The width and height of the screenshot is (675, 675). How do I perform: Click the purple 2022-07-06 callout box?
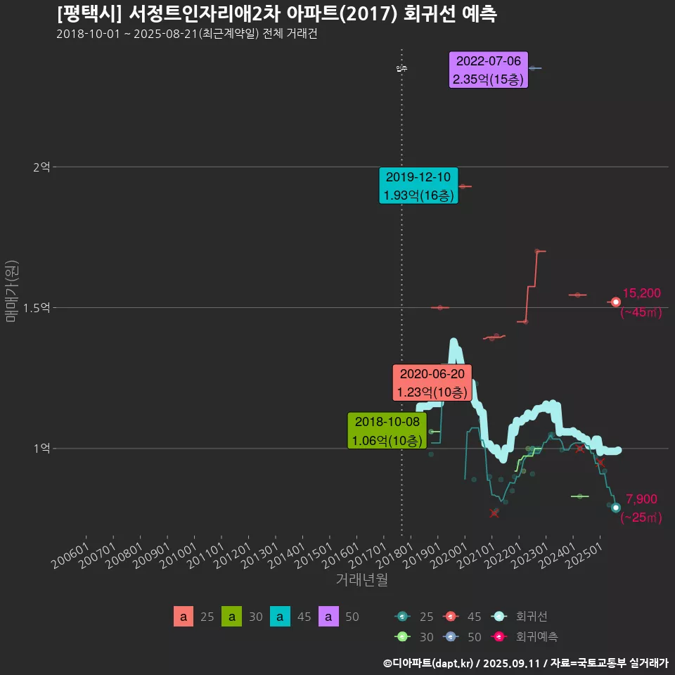click(488, 70)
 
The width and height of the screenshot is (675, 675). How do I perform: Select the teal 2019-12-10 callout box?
click(418, 186)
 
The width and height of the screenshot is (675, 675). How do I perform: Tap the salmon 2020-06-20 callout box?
click(431, 382)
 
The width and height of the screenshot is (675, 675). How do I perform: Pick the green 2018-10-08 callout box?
click(387, 431)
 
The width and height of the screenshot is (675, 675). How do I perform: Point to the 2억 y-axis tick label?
click(41, 167)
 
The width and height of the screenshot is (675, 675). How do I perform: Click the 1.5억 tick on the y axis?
click(37, 308)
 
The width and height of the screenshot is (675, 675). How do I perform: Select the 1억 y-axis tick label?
click(41, 449)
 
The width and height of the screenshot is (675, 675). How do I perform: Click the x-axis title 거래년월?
click(361, 579)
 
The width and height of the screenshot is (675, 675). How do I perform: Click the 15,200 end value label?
click(641, 293)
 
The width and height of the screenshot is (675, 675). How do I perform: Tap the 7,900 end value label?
click(641, 499)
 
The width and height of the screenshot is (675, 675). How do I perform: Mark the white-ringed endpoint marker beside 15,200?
click(616, 302)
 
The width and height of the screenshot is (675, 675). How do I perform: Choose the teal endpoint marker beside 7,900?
click(616, 508)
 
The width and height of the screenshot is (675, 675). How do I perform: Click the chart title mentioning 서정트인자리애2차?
click(276, 14)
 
